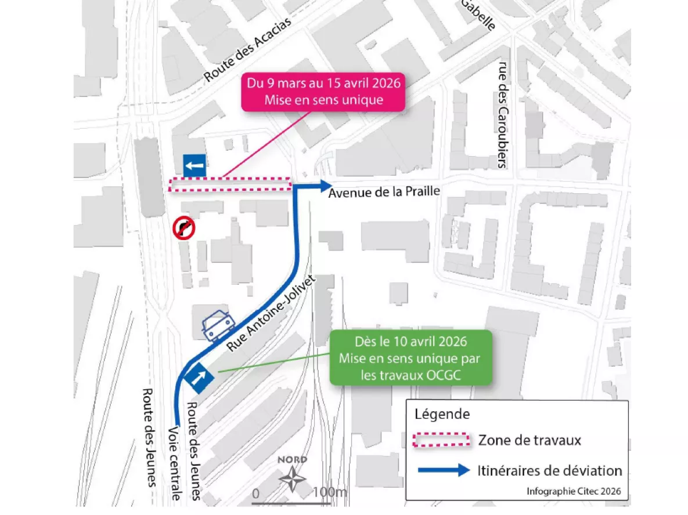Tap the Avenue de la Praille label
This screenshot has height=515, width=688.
(384, 191)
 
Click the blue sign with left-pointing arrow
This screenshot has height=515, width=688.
(194, 166)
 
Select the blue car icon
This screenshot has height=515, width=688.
(217, 324)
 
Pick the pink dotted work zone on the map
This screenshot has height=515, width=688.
(230, 184)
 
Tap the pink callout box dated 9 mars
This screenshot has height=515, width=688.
(324, 92)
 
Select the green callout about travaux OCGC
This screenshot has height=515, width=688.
(410, 358)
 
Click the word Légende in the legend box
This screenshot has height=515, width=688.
(442, 415)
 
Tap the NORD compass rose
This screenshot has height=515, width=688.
(293, 477)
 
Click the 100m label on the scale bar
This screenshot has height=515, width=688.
(329, 494)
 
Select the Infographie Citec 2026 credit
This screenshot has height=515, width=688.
(574, 491)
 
